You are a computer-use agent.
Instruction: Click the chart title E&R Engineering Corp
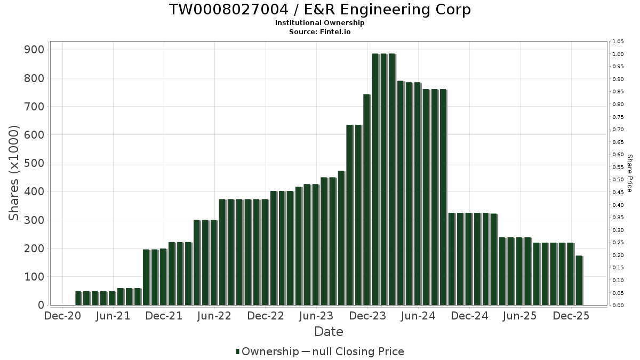click(320, 10)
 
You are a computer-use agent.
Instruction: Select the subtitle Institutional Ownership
click(320, 23)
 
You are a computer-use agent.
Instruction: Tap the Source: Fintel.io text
click(320, 31)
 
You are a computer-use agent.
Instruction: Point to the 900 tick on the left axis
click(34, 50)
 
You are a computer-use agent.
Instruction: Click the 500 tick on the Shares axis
click(34, 163)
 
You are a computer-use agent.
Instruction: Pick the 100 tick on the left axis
click(34, 277)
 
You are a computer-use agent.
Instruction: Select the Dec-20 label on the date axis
click(63, 316)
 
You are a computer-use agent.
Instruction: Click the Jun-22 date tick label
click(214, 316)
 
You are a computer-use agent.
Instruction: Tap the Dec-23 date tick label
click(367, 316)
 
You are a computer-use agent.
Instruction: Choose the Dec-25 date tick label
click(571, 316)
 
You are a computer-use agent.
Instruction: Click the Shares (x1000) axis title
click(14, 173)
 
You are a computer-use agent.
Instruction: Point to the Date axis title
click(329, 332)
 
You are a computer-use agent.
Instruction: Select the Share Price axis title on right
click(629, 173)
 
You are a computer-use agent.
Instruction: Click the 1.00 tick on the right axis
click(618, 54)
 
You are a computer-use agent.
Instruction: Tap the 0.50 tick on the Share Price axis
click(618, 180)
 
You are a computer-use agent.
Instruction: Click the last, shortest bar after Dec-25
click(579, 281)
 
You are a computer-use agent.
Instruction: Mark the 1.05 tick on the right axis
click(618, 42)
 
